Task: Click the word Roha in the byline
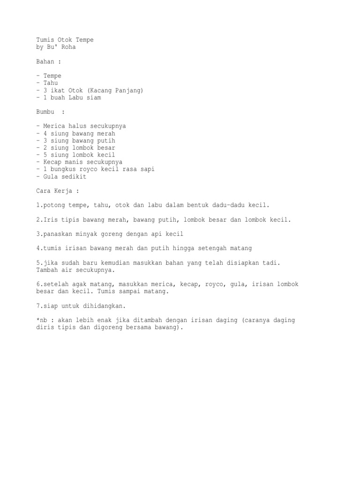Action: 67,47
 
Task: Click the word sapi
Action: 147,169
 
